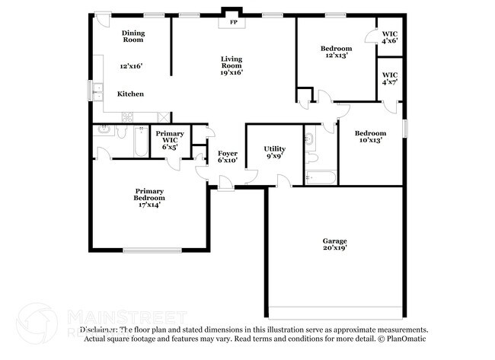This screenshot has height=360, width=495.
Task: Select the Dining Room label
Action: tap(133, 36)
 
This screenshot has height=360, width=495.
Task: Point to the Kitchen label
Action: tap(129, 94)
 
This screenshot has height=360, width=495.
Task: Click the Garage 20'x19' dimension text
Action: tap(335, 247)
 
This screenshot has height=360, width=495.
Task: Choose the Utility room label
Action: tap(274, 148)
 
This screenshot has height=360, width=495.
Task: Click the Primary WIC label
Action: tap(169, 137)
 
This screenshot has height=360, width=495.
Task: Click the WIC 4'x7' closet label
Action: tap(389, 77)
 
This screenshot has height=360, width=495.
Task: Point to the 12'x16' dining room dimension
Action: tap(131, 66)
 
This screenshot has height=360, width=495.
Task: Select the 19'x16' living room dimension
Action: tap(232, 72)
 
